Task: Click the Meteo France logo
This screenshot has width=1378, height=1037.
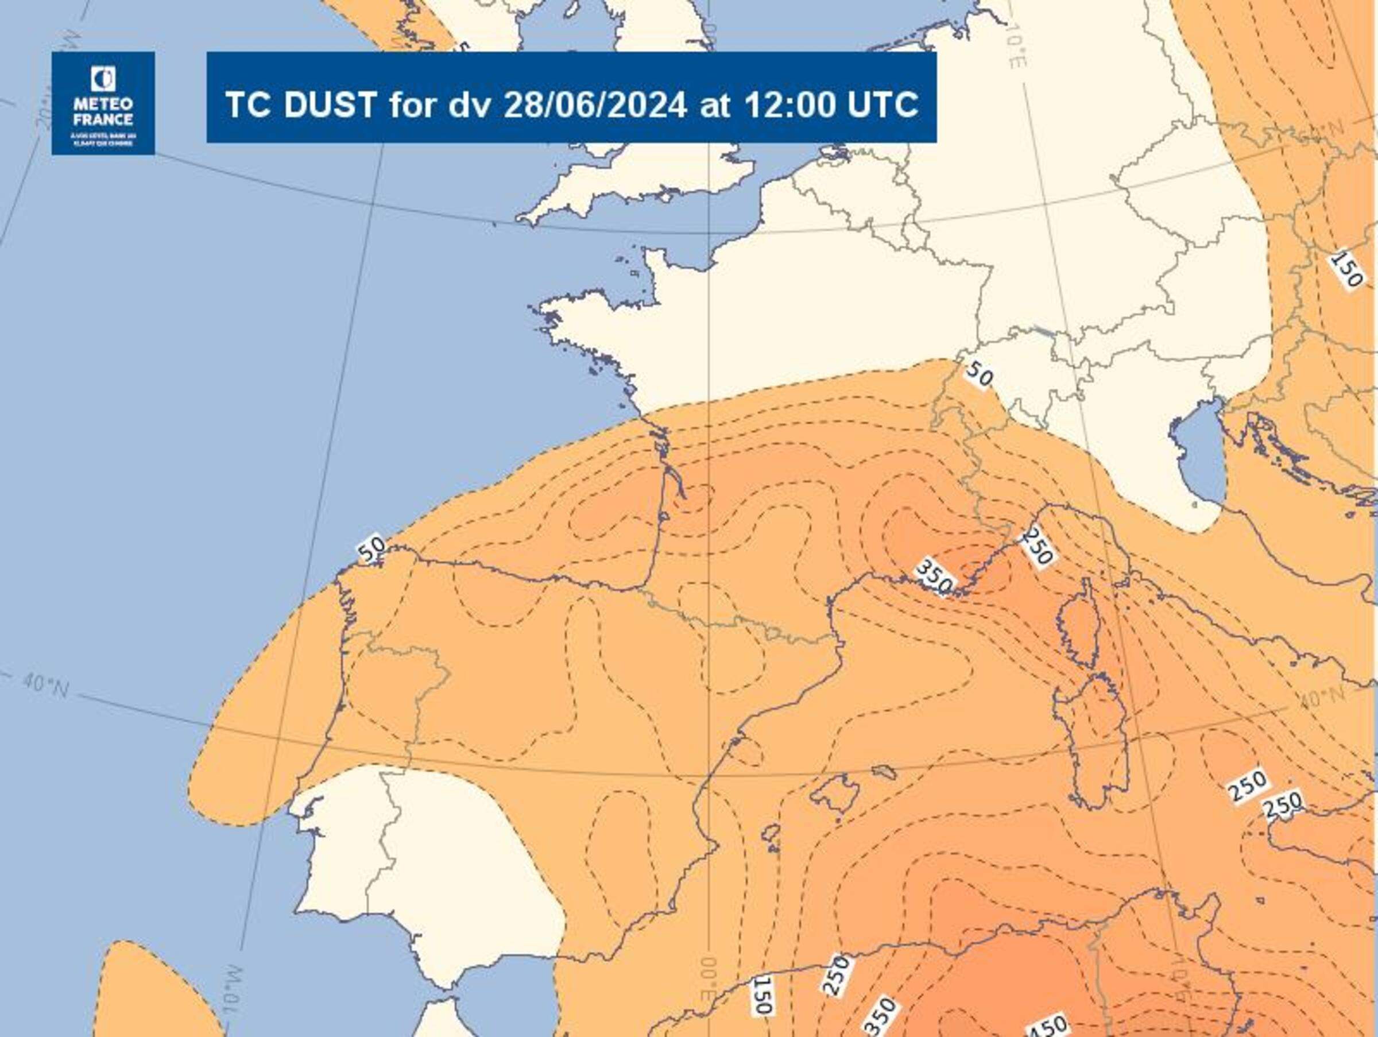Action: pyautogui.click(x=103, y=103)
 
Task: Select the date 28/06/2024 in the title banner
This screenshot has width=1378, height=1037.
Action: pyautogui.click(x=595, y=104)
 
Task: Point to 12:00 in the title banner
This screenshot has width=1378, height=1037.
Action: pyautogui.click(x=789, y=104)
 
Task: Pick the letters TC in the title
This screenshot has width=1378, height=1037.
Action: pyautogui.click(x=247, y=104)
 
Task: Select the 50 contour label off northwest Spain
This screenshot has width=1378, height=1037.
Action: pyautogui.click(x=372, y=550)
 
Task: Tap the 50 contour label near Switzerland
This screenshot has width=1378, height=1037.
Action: pyautogui.click(x=978, y=374)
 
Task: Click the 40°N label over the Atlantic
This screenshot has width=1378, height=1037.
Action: pyautogui.click(x=45, y=686)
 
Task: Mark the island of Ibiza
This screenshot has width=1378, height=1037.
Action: pyautogui.click(x=771, y=834)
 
